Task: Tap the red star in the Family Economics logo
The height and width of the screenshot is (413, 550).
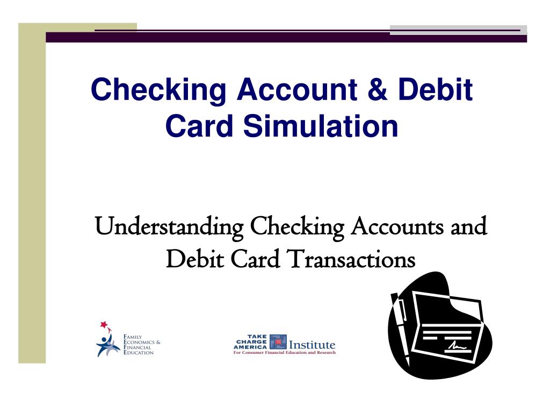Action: tap(103, 325)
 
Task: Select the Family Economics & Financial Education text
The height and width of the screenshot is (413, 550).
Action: tap(142, 344)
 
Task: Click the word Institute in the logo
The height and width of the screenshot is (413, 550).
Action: tap(312, 344)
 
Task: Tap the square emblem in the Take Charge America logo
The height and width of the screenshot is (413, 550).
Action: tap(278, 342)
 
